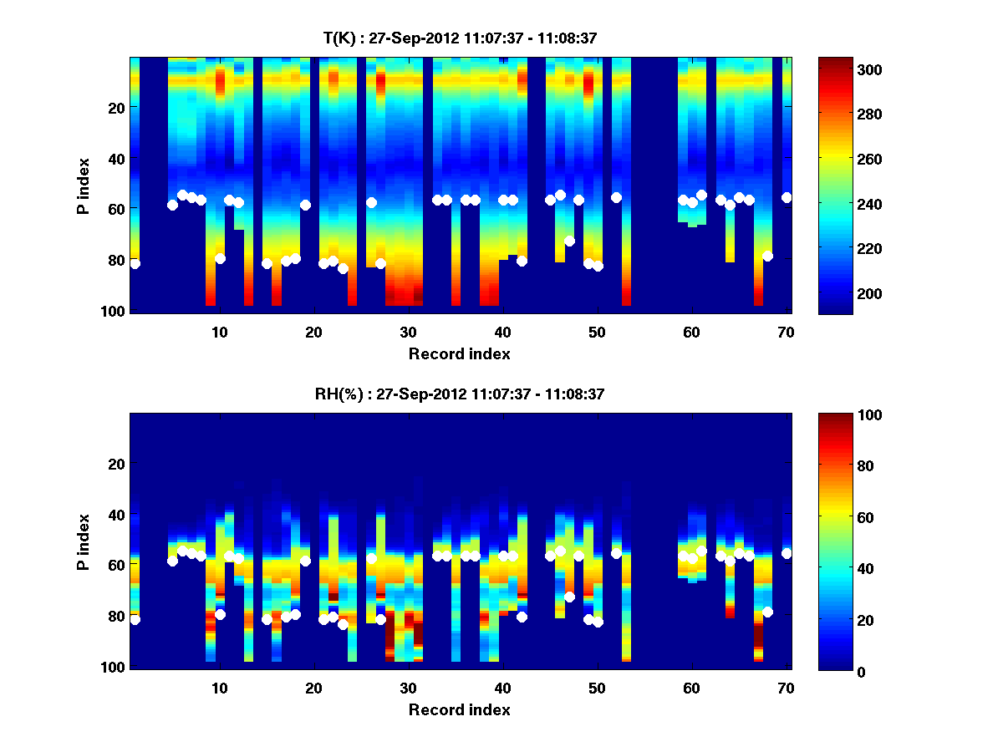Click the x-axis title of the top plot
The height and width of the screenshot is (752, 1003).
click(459, 353)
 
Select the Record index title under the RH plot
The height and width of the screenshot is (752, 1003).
click(459, 709)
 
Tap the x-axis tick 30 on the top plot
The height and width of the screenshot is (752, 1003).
click(408, 331)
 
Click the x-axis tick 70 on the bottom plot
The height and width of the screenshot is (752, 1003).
click(786, 688)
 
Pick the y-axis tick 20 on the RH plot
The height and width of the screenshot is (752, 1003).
click(116, 464)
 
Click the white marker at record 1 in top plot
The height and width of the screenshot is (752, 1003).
click(135, 264)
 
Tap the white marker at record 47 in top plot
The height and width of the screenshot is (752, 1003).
click(569, 241)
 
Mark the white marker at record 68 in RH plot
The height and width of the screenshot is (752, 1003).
click(767, 612)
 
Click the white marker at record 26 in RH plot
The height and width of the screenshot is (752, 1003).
click(371, 559)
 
